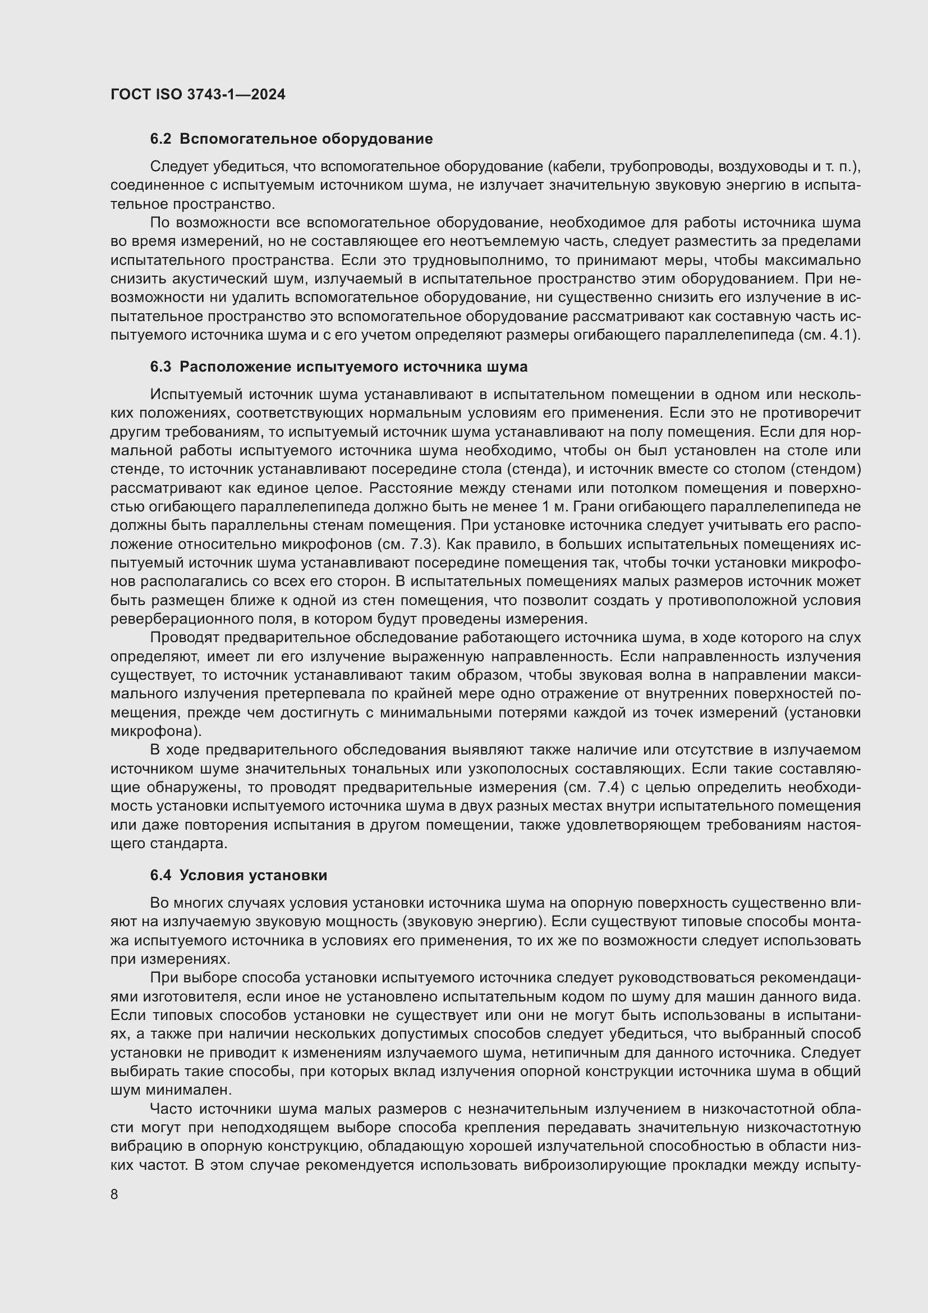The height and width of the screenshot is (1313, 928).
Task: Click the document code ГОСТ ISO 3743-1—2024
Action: (x=197, y=94)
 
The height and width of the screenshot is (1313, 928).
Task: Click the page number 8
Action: (x=114, y=1194)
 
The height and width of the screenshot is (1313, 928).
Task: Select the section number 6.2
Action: (x=160, y=139)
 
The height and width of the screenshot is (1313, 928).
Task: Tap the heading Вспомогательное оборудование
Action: (x=306, y=139)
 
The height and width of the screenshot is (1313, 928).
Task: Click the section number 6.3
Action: (x=160, y=367)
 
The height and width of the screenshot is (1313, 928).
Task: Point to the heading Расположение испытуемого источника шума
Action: (x=353, y=367)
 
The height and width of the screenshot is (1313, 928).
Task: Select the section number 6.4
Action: (x=160, y=876)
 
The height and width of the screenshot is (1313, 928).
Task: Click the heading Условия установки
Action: (x=253, y=876)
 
